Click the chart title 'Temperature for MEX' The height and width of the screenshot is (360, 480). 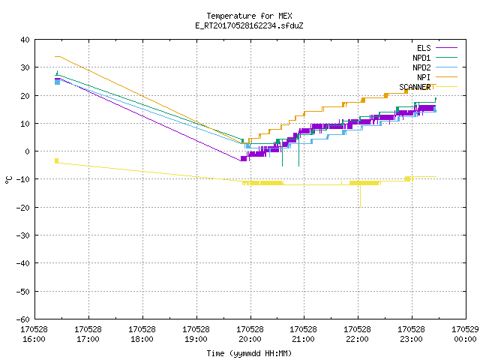coord(249,16)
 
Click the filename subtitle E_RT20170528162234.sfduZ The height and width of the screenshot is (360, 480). coord(249,25)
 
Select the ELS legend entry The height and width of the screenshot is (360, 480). coord(436,48)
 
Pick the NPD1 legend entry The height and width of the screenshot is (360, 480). coord(435,58)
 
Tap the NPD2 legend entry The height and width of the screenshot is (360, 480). coord(435,67)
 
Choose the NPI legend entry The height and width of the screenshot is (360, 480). coord(436,77)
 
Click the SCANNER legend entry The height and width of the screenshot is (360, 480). coord(428,87)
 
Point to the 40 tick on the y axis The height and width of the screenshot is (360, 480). coord(25,40)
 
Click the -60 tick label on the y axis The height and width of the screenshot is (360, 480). coord(23,319)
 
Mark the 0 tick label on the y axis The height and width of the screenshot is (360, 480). coord(28,151)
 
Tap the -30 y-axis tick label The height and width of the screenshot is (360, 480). coord(23,235)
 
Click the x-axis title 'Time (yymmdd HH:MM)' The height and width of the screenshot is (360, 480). coord(249,353)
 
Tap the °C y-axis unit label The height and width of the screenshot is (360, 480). coord(8,180)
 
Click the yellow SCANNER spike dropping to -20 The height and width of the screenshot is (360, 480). coord(360,196)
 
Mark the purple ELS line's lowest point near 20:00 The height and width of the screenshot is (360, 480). coord(241,160)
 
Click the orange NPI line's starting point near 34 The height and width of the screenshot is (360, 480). coord(55,57)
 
